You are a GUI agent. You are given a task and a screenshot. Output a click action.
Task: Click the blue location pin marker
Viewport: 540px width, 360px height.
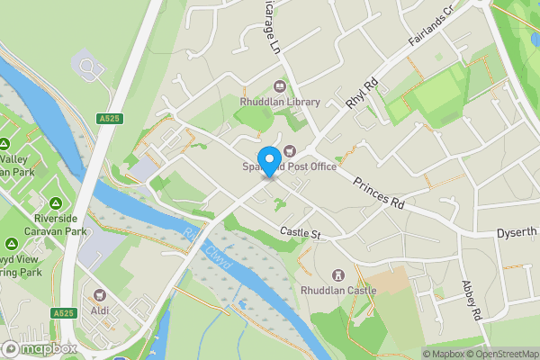(268, 159)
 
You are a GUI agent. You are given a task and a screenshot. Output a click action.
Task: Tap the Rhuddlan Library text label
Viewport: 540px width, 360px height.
(280, 103)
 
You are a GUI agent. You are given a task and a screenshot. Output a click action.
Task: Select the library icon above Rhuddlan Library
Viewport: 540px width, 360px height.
(280, 87)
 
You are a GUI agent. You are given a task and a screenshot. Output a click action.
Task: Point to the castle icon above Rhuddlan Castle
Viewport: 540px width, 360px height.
(339, 274)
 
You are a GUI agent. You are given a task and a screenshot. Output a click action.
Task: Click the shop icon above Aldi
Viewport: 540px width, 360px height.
(101, 293)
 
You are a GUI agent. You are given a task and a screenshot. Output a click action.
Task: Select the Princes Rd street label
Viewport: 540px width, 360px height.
(378, 191)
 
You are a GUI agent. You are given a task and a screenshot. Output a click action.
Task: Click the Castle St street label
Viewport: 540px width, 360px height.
(300, 234)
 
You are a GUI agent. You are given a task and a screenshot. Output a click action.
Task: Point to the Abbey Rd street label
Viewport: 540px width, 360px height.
(472, 302)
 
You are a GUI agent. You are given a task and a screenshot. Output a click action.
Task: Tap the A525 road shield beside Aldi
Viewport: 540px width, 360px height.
(62, 312)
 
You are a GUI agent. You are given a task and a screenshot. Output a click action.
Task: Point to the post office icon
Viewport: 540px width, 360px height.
(290, 150)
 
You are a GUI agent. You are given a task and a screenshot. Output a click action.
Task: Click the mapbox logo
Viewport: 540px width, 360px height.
(39, 348)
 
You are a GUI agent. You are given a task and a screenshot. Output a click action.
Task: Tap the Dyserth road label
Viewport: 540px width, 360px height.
(518, 232)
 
